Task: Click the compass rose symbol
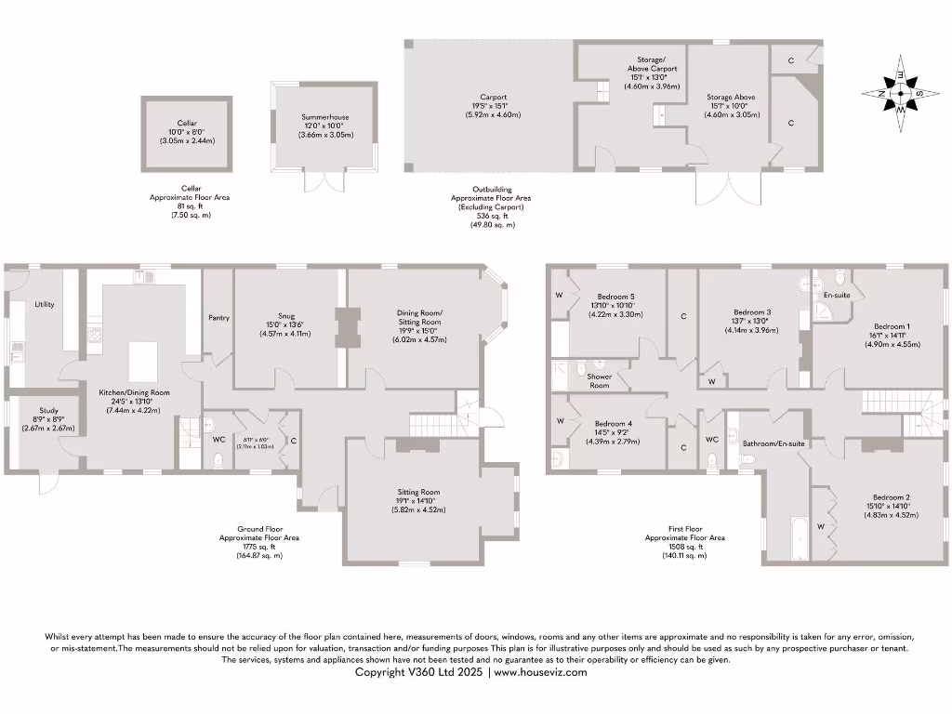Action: (x=900, y=93)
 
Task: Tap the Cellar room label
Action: (x=187, y=123)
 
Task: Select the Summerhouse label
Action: (x=324, y=117)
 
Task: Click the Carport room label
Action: (x=493, y=97)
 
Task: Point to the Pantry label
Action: (x=218, y=318)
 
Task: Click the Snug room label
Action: (x=284, y=314)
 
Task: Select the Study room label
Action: (x=47, y=410)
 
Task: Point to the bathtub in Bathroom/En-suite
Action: (x=798, y=539)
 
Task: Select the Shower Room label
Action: (x=599, y=381)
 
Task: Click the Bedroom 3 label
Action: (x=752, y=311)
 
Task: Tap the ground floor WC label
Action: (x=218, y=439)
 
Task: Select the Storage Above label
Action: (x=731, y=97)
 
